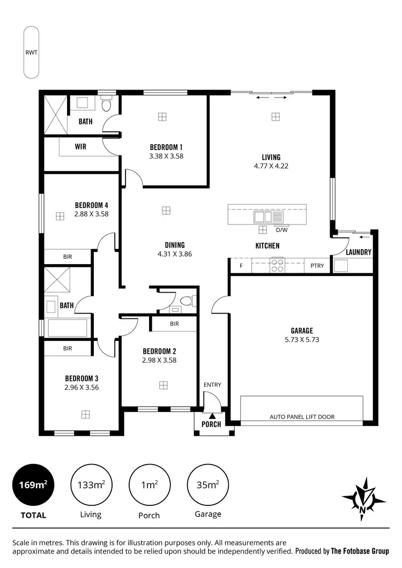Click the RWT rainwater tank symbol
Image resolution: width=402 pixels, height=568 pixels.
(31, 53)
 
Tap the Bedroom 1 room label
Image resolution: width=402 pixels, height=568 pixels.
(166, 147)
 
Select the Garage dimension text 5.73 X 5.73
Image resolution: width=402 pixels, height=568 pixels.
(302, 339)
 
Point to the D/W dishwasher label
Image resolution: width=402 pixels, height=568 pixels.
(281, 230)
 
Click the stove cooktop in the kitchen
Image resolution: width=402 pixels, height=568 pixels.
(277, 265)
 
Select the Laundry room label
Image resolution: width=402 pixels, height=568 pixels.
(359, 252)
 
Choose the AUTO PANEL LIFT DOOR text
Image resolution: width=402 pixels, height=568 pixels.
(301, 416)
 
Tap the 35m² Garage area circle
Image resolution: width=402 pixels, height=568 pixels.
(208, 485)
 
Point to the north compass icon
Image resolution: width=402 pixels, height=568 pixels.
(363, 499)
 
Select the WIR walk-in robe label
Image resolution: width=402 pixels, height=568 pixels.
(81, 146)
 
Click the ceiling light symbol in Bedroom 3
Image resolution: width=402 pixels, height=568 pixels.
(85, 414)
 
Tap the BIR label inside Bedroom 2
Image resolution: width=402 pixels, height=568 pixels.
(174, 324)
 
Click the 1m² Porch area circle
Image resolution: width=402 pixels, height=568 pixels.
(148, 485)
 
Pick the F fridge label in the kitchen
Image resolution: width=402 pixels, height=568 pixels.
(241, 265)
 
